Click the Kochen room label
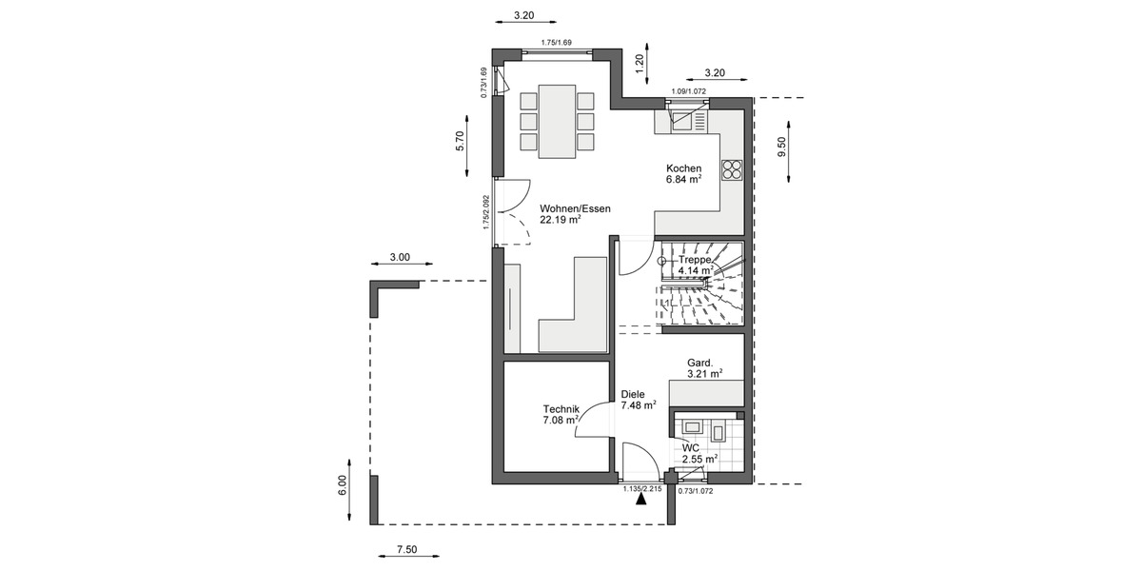(683, 168)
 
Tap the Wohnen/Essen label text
(575, 208)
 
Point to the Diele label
(633, 393)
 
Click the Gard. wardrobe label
(700, 363)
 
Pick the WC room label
(690, 447)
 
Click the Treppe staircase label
(695, 259)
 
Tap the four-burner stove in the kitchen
(732, 170)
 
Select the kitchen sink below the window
(682, 119)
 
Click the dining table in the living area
(557, 121)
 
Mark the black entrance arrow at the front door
(642, 502)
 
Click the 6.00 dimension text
(343, 486)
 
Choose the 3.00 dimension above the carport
(400, 257)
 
